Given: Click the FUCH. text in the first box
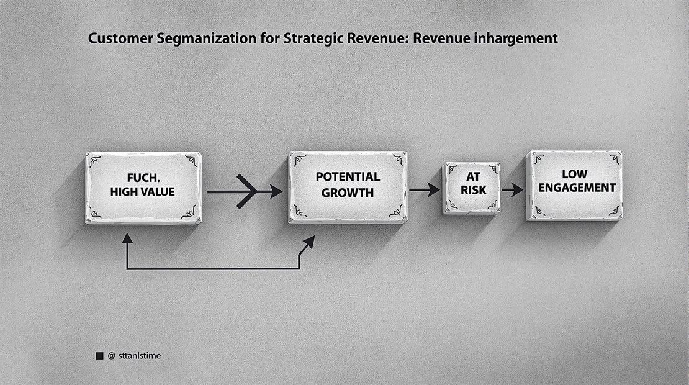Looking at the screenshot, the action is click(143, 178).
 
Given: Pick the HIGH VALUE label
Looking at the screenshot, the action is click(142, 192).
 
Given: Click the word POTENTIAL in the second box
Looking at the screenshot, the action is click(348, 177).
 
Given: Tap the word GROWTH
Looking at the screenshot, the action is click(348, 193).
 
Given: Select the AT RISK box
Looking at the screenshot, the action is click(472, 188).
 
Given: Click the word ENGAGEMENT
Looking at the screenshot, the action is click(577, 188).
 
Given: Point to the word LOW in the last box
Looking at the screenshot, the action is click(575, 174).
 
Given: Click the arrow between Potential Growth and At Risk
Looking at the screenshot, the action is click(425, 190).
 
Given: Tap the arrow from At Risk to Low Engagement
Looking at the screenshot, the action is click(512, 190).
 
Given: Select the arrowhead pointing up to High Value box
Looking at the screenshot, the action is click(127, 238).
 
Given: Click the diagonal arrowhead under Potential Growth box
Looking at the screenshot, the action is click(310, 242).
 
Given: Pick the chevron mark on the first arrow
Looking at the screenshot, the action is click(246, 192).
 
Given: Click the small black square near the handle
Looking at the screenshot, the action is click(100, 356).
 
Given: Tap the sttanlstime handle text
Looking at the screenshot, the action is click(140, 356).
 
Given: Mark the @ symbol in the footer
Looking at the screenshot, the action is click(111, 356).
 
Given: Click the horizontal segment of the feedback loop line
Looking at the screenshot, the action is click(213, 268).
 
